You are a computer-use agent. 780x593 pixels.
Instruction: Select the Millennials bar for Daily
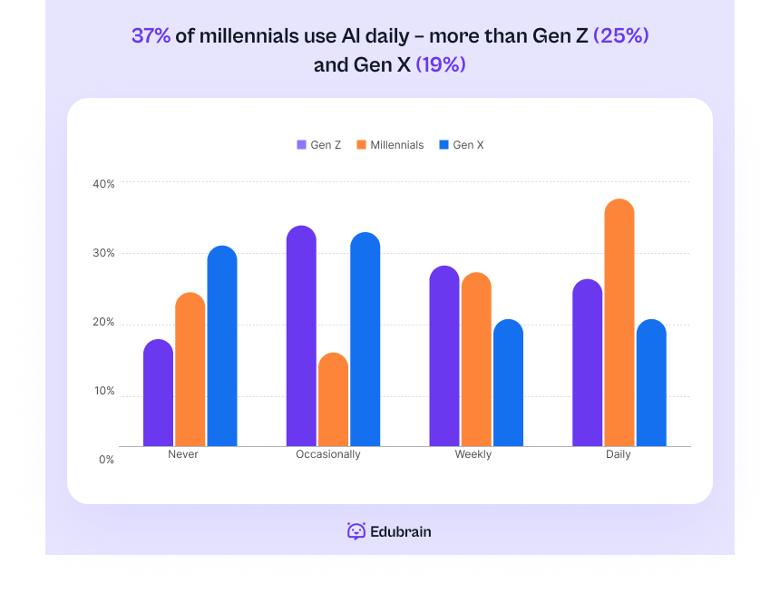[619, 323]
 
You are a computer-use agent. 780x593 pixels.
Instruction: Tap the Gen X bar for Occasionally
[366, 339]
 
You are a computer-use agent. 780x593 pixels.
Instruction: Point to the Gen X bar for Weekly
[508, 383]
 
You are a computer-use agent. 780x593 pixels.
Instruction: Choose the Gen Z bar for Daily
[588, 363]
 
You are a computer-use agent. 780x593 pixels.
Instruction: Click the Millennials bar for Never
[190, 369]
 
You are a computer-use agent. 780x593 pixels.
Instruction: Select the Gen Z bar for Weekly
[444, 356]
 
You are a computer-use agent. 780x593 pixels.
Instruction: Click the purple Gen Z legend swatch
[301, 145]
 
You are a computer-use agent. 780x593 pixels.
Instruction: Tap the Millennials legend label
[396, 145]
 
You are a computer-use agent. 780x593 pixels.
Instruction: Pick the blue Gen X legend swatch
[444, 145]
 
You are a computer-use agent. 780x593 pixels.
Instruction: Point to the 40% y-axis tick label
[103, 183]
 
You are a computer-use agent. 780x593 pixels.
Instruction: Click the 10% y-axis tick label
[103, 392]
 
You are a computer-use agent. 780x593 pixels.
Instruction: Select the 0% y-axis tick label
[106, 460]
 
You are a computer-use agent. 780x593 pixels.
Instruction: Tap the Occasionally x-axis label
[328, 454]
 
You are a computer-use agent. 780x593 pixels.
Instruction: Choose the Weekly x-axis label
[473, 454]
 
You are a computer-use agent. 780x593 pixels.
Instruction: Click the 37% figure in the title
[151, 35]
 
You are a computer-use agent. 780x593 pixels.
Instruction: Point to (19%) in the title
[441, 65]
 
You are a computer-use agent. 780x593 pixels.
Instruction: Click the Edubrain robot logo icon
[356, 531]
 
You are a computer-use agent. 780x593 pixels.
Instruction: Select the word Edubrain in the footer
[401, 531]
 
